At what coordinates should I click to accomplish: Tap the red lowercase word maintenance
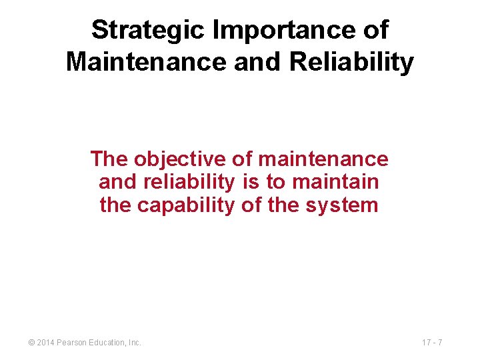[x=323, y=159]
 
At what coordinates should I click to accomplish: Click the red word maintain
[x=335, y=182]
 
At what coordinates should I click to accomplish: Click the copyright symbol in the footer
[x=31, y=343]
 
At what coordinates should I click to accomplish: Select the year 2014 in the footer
[x=47, y=343]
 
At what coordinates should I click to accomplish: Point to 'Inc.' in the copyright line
[x=134, y=343]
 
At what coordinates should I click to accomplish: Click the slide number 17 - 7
[x=433, y=343]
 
